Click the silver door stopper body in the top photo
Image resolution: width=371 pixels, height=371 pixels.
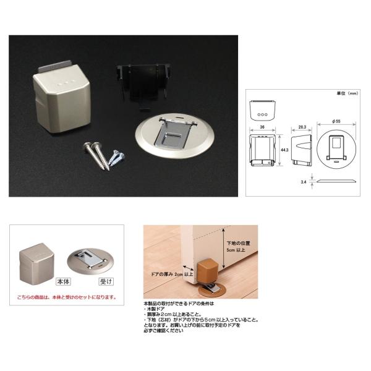click(x=61, y=98)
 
